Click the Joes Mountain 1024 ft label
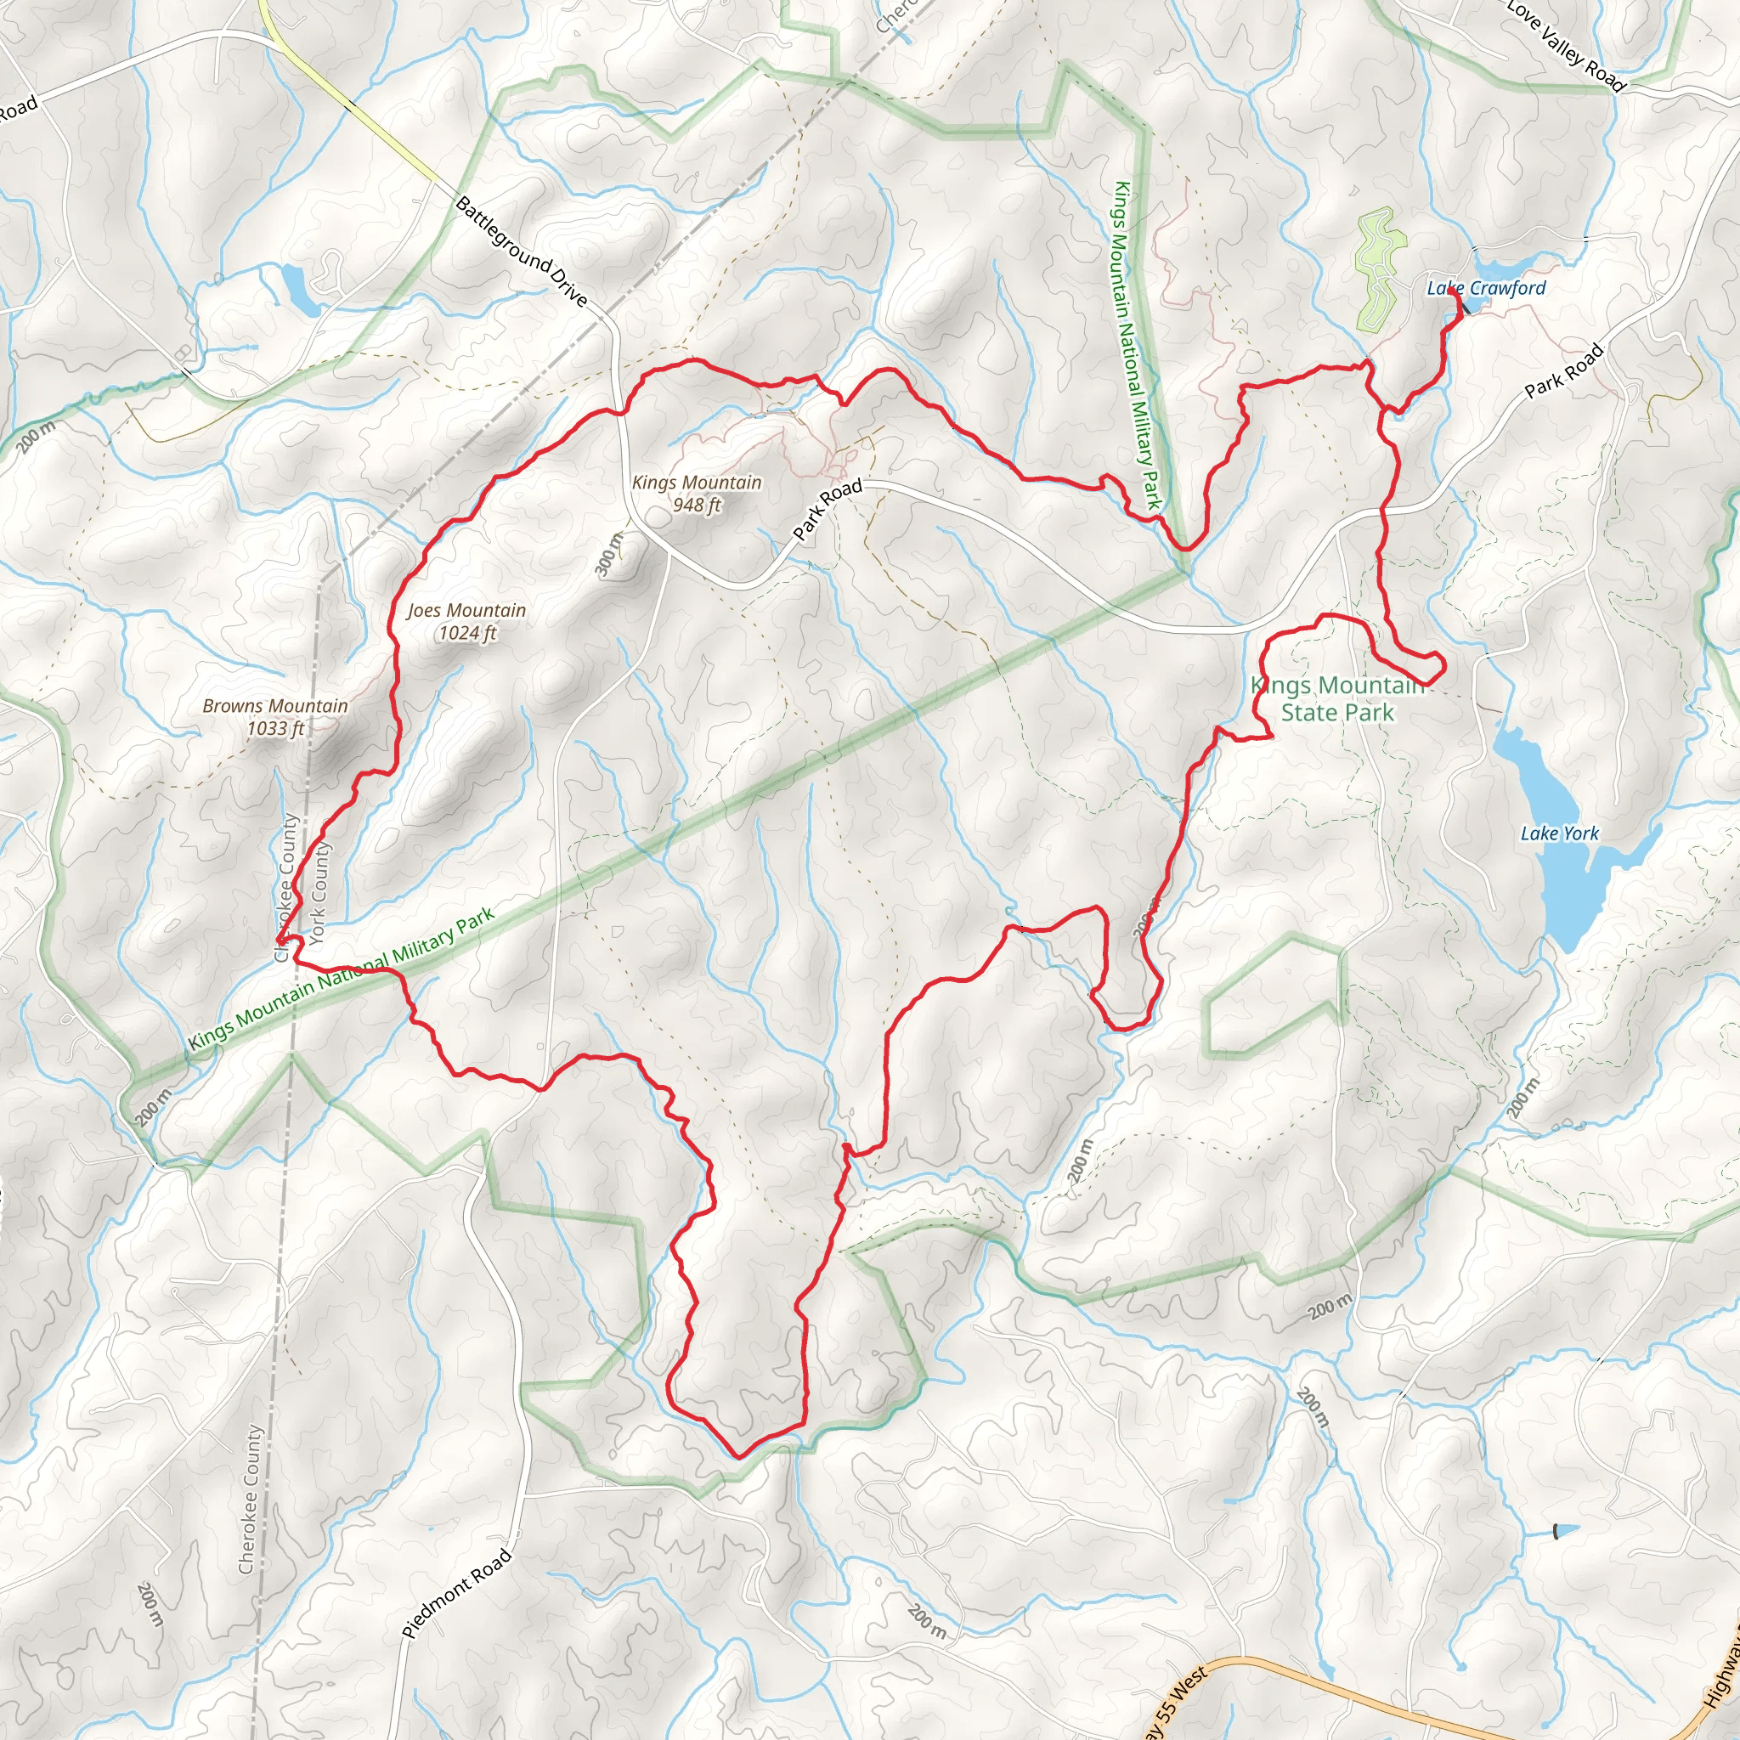point(466,621)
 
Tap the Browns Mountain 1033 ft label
point(275,717)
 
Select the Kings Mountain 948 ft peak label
point(696,493)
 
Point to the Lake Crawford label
point(1486,288)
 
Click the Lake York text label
point(1559,833)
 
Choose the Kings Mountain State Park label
point(1337,699)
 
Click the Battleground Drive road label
point(522,251)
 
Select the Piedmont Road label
point(456,1593)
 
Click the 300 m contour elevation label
point(610,554)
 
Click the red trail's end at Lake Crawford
point(1452,293)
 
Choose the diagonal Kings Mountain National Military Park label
point(342,978)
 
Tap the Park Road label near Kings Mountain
point(827,510)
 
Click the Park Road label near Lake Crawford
point(1564,370)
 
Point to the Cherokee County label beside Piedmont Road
point(252,1499)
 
